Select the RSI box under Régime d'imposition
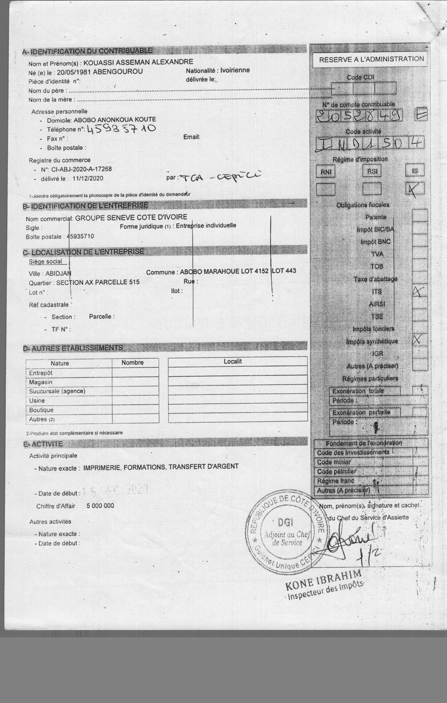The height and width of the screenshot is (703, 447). (372, 171)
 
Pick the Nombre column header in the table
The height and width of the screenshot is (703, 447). (132, 363)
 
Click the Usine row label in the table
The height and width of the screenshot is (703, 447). (37, 400)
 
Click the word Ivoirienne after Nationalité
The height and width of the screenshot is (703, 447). (235, 70)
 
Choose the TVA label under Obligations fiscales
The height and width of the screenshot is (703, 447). (377, 254)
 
